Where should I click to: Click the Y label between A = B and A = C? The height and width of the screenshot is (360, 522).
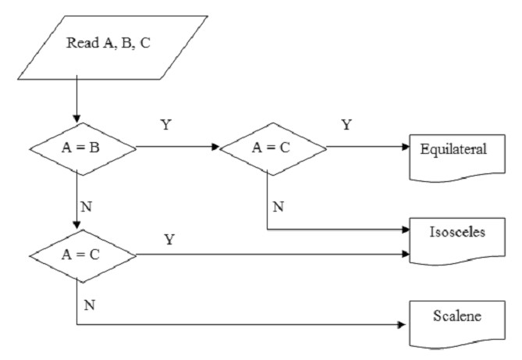coord(165,126)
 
